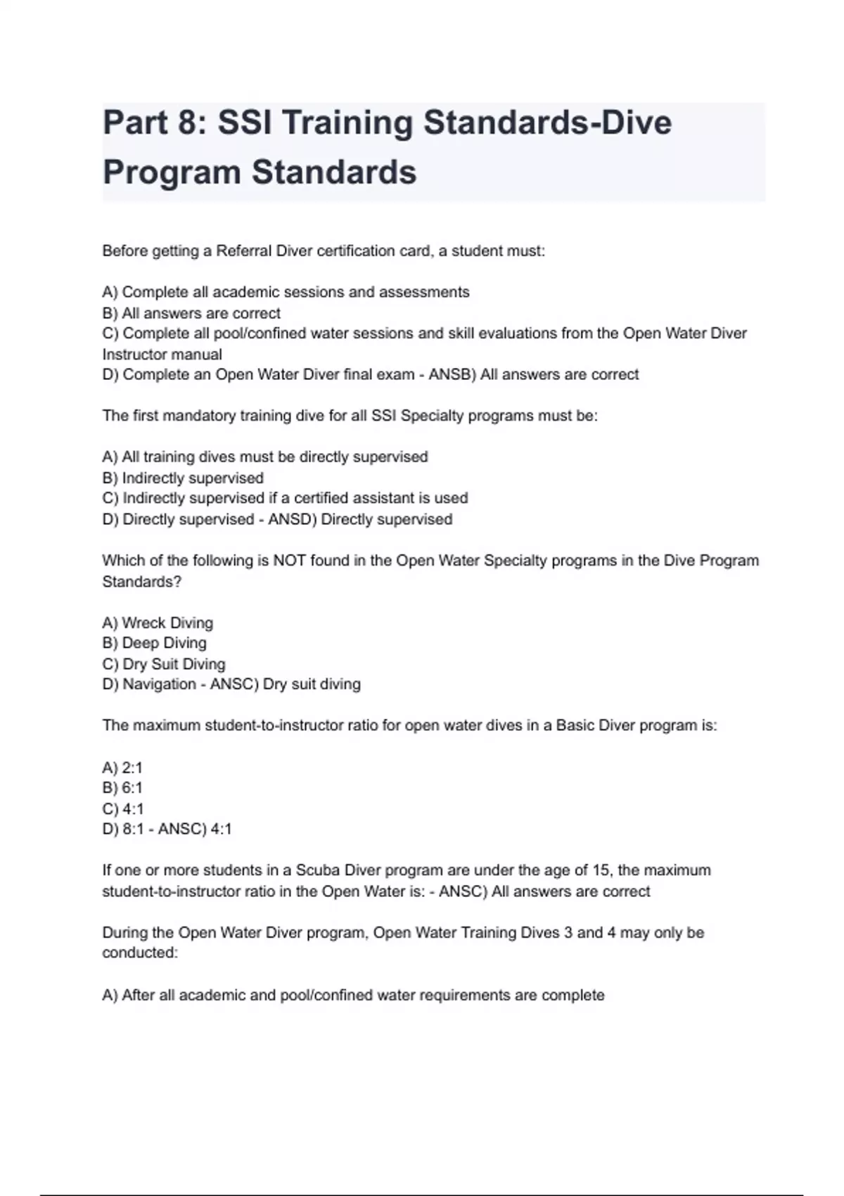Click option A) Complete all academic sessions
[x=286, y=292]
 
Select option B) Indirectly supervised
[x=183, y=478]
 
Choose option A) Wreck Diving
[x=158, y=623]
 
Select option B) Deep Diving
[x=155, y=643]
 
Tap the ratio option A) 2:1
[x=122, y=768]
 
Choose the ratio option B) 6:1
[x=122, y=788]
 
